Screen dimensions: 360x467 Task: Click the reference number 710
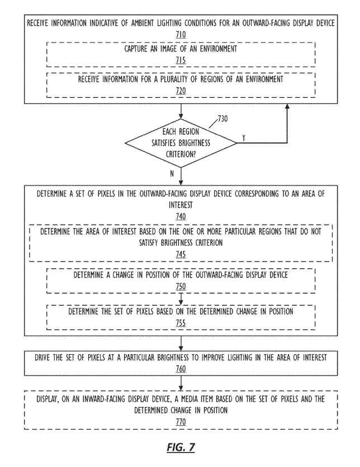click(181, 35)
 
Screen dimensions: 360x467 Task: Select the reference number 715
click(181, 60)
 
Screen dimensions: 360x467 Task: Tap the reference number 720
click(181, 91)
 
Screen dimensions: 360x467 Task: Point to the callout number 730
click(222, 118)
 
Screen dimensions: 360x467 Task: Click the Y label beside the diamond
click(244, 138)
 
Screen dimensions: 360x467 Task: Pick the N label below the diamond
click(172, 173)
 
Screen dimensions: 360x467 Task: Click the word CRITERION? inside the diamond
click(181, 154)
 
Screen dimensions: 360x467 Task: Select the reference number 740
click(181, 216)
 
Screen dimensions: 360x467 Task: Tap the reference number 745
click(181, 254)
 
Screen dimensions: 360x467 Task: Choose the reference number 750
click(181, 286)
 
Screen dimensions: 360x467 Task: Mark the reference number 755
click(181, 323)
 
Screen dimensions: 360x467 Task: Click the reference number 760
click(181, 369)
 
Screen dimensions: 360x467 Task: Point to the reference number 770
click(181, 422)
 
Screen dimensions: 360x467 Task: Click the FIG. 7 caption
click(181, 447)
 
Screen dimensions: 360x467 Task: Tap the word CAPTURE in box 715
click(136, 49)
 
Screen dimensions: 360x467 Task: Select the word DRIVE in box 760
click(42, 358)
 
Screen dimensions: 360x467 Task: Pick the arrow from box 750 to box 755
click(181, 299)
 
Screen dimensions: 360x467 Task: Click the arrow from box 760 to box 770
click(181, 383)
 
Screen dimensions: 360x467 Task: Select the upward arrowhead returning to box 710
click(287, 107)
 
